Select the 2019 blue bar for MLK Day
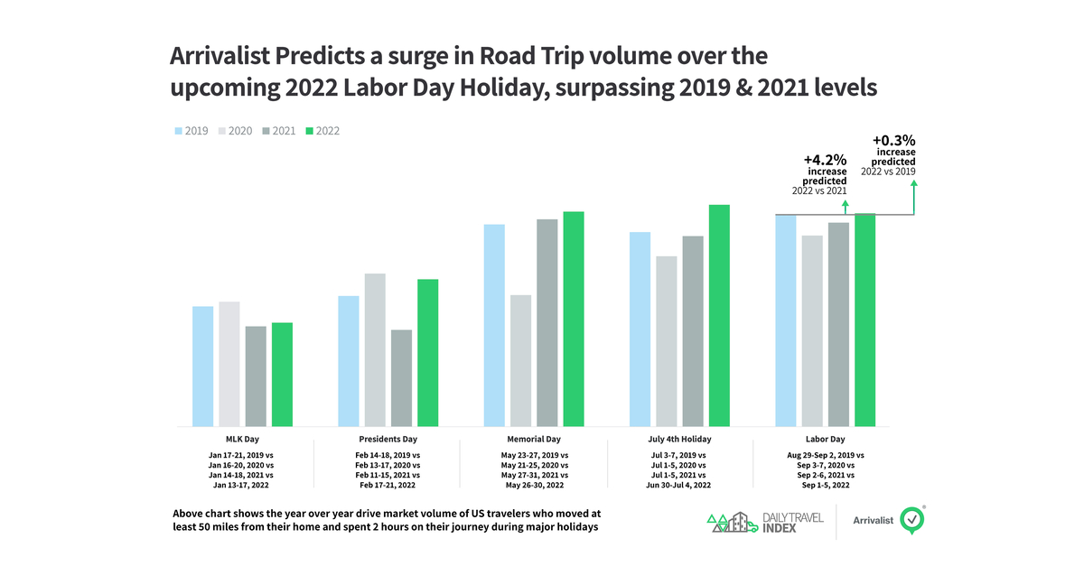click(203, 366)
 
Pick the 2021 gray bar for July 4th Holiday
click(693, 330)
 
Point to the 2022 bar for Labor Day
click(865, 320)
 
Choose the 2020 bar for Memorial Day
click(520, 360)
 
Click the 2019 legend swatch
click(178, 131)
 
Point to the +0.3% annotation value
click(894, 141)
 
